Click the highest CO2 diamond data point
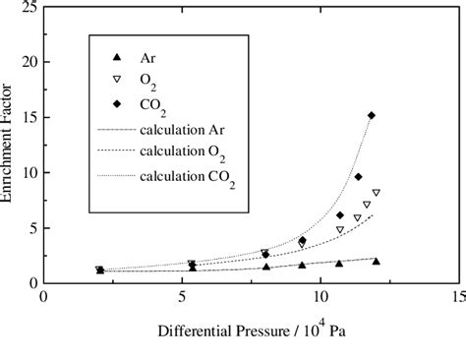click(371, 116)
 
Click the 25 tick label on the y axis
click(28, 8)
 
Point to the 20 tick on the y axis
click(28, 62)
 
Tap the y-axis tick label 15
click(28, 117)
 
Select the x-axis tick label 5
click(183, 295)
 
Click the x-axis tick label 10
click(319, 295)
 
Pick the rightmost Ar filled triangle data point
click(376, 261)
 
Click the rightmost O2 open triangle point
click(376, 193)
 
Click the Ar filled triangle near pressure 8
click(265, 267)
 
